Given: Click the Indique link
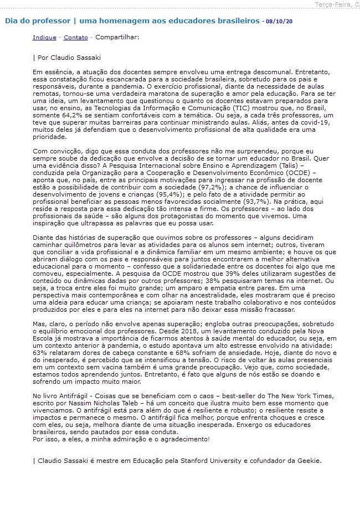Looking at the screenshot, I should (x=44, y=38).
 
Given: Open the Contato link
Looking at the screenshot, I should (x=75, y=38).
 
